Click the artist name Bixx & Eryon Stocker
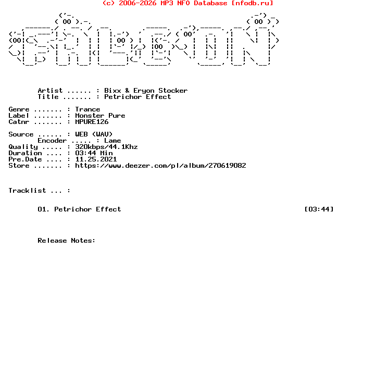146,91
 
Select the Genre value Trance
87,109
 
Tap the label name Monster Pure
100,116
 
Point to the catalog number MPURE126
92,122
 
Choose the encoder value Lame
113,141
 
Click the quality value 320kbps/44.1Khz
106,147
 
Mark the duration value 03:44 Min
94,153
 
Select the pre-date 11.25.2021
96,159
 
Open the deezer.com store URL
160,166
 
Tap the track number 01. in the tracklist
44,209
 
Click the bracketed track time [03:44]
319,209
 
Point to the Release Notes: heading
67,241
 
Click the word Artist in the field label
50,91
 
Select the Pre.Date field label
25,159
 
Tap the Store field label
19,166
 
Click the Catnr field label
19,122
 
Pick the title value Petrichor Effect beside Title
137,97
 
